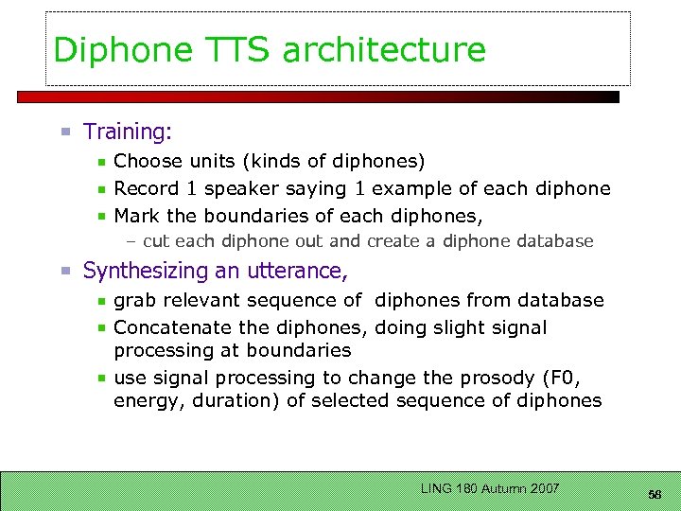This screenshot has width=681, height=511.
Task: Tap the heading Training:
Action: (128, 132)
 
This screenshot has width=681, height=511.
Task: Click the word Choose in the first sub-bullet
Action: (147, 162)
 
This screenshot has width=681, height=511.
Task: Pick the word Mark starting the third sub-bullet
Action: (136, 215)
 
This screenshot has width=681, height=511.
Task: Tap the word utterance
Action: (297, 272)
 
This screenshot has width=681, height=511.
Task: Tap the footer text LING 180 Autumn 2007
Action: (490, 488)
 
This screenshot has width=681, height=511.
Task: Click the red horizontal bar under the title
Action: (317, 97)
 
